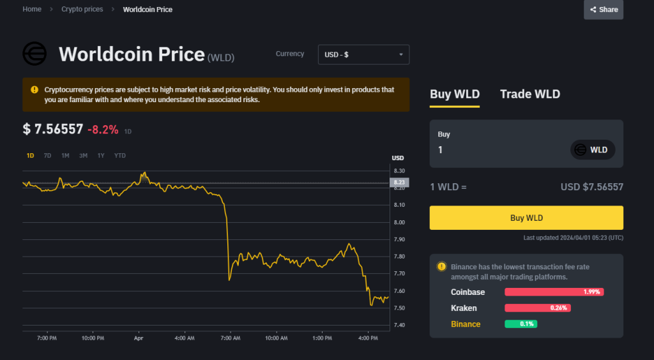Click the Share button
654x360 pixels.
pos(604,10)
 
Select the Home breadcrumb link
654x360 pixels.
pos(32,10)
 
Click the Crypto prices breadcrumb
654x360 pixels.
pos(82,10)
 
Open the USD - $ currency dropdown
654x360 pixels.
pos(363,55)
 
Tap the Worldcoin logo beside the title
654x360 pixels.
pos(35,54)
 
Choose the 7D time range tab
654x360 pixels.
pos(47,156)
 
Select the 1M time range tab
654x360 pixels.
pos(65,156)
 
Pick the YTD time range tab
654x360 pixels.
pos(119,156)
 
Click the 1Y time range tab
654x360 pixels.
pos(101,156)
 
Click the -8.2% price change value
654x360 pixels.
pos(103,130)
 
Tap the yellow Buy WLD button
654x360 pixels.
pos(526,218)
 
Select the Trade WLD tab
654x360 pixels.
pos(529,94)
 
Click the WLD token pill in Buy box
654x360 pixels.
pos(592,150)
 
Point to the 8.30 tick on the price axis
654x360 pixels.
pos(399,171)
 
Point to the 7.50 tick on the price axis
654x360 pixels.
pos(399,308)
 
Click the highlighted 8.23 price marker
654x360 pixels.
pos(399,183)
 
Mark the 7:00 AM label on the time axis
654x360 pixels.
pos(230,338)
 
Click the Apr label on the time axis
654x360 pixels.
pos(139,338)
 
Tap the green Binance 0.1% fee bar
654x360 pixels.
pos(521,324)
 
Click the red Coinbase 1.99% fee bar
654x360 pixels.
pos(554,292)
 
